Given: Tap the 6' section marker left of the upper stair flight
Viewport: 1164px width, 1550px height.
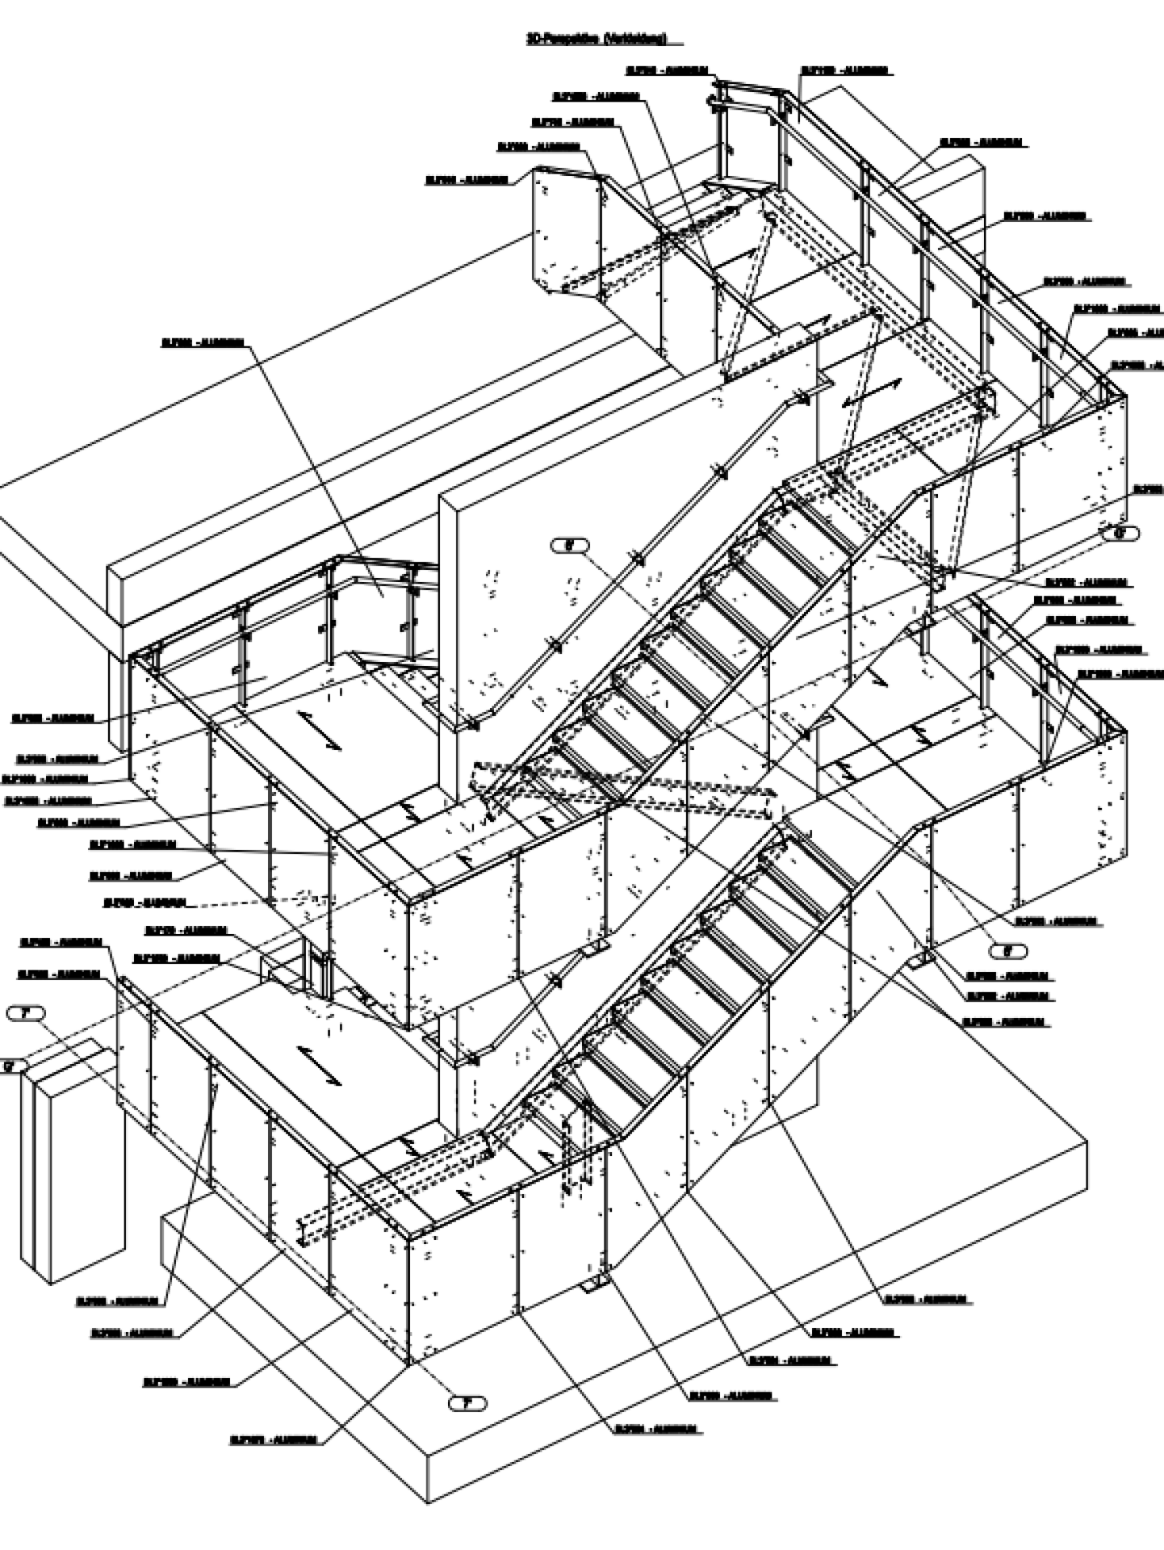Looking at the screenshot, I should [x=569, y=546].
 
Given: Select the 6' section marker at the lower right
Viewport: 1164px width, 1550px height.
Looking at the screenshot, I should [x=1007, y=951].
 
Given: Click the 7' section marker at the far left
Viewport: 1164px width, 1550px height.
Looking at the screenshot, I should [x=26, y=1013].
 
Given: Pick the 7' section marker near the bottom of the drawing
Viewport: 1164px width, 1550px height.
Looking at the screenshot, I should [x=467, y=1403].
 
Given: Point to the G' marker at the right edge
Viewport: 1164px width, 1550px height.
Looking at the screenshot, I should [x=1120, y=533].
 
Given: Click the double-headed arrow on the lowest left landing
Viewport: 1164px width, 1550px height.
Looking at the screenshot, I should [x=320, y=1065].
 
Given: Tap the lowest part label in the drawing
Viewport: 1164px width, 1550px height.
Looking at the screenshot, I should [x=274, y=1439].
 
